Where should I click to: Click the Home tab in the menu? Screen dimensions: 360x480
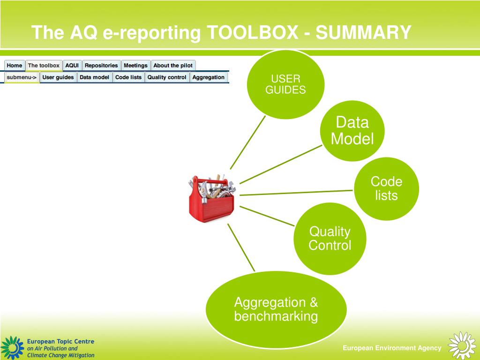click(x=15, y=66)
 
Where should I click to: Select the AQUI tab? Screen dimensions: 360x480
click(x=72, y=66)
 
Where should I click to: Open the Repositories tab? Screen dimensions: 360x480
click(x=101, y=66)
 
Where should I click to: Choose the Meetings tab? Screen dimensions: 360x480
click(x=135, y=66)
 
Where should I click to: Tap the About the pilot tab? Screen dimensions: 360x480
click(x=173, y=66)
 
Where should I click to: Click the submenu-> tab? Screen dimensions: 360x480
click(x=22, y=77)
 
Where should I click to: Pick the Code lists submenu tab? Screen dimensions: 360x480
click(x=128, y=77)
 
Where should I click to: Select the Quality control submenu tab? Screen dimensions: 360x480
click(x=167, y=77)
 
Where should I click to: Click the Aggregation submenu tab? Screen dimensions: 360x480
click(x=208, y=77)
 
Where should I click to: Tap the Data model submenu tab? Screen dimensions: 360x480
click(x=94, y=77)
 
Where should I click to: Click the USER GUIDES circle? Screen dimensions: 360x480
click(x=285, y=84)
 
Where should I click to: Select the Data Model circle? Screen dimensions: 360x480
click(x=352, y=131)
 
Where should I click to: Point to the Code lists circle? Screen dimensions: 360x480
click(x=386, y=188)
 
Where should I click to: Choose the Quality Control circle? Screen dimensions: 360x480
click(x=330, y=239)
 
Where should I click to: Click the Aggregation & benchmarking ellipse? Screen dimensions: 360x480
click(x=276, y=309)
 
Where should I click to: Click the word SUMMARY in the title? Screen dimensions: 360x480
click(x=363, y=33)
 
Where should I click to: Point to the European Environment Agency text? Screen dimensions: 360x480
click(x=392, y=348)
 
